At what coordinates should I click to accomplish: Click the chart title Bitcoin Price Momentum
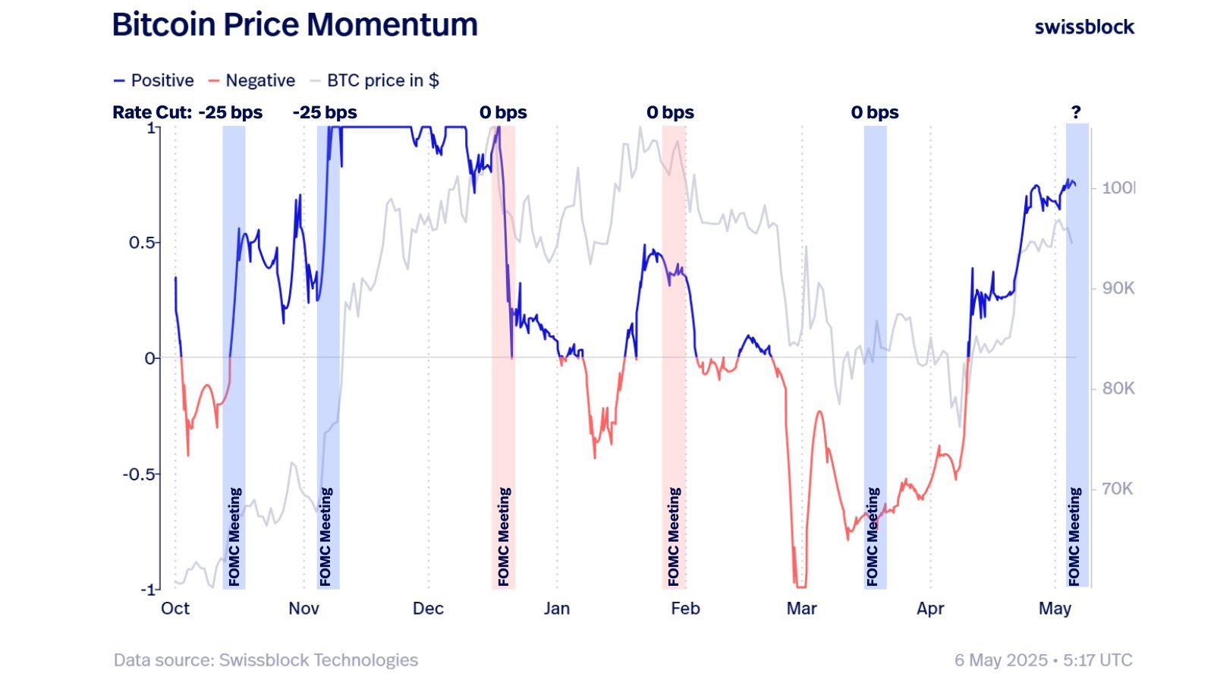[294, 24]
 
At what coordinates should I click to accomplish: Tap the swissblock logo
[1084, 27]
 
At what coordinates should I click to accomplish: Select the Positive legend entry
[154, 80]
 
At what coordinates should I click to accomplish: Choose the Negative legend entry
[252, 80]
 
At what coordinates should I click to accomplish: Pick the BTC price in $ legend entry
[376, 80]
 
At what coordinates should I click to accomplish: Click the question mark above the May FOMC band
[1076, 112]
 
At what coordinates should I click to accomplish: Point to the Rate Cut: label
[152, 112]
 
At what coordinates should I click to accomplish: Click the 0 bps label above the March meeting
[875, 112]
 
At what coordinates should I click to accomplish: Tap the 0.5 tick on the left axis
[143, 243]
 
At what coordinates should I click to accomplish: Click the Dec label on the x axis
[428, 609]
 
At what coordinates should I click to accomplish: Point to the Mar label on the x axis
[801, 609]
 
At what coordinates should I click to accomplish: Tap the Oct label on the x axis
[175, 609]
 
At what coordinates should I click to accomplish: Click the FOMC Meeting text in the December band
[504, 536]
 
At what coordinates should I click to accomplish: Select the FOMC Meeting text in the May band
[1074, 536]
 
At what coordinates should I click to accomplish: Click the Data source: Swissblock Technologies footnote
[266, 660]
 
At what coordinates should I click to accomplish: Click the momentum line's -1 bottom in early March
[800, 586]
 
